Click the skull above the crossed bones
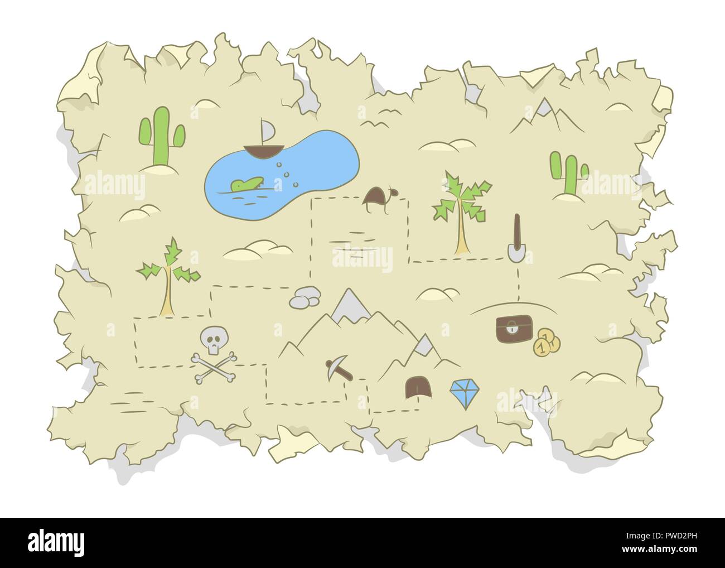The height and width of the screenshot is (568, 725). point(211,341)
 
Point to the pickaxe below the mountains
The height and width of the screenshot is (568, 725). point(340,368)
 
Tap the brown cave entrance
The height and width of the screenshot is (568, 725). point(415,387)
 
